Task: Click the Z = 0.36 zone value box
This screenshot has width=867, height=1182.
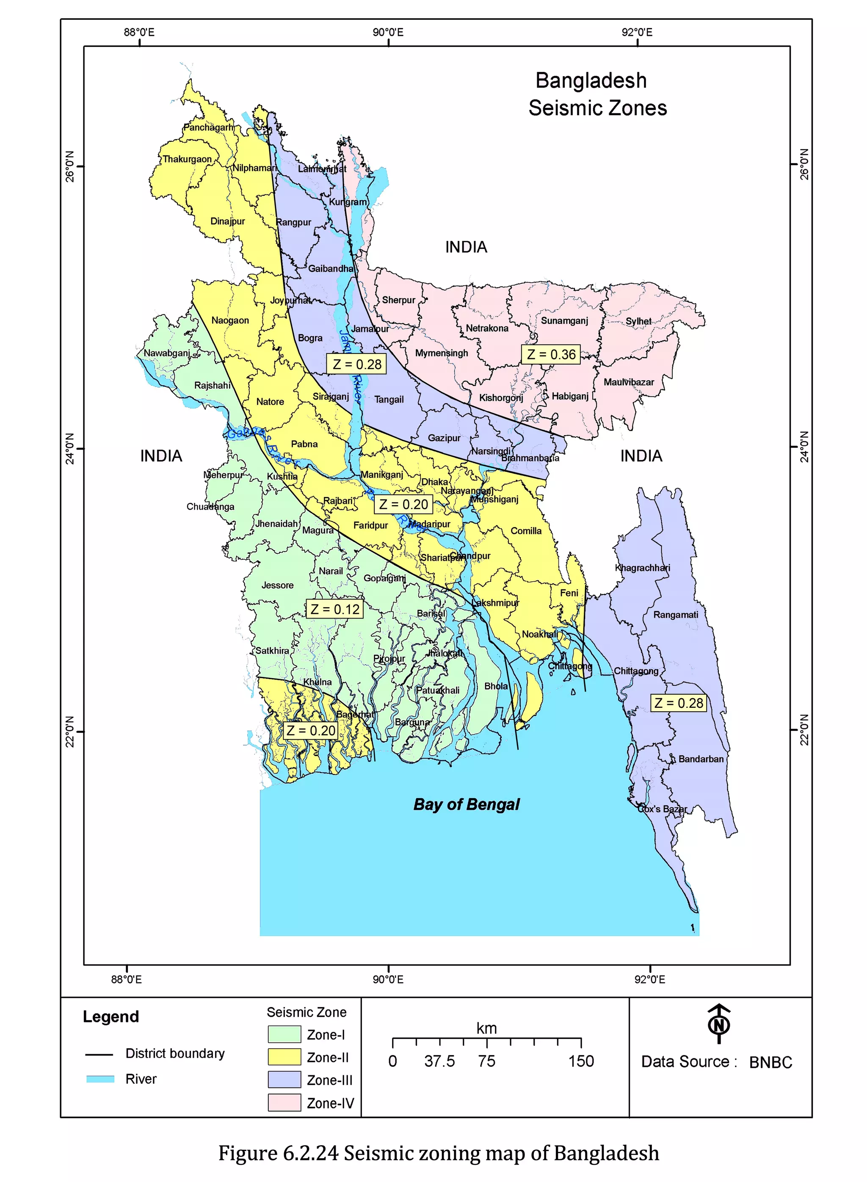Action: click(x=551, y=354)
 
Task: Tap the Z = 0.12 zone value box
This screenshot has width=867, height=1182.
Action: click(x=334, y=609)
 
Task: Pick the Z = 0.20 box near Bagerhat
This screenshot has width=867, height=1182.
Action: click(x=310, y=730)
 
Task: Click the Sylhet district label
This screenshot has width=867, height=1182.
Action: click(x=638, y=321)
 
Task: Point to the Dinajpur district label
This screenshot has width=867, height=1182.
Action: click(x=227, y=221)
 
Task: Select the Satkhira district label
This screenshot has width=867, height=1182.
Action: click(x=272, y=650)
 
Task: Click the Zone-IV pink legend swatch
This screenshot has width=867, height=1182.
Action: click(x=284, y=1102)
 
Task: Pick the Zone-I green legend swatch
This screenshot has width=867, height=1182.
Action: click(x=284, y=1034)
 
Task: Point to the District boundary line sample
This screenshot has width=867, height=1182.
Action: click(x=99, y=1054)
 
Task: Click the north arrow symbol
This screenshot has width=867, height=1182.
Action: click(x=719, y=1024)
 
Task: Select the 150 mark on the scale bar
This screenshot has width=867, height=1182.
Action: click(x=581, y=1061)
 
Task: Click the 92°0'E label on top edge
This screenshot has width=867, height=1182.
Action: click(x=637, y=33)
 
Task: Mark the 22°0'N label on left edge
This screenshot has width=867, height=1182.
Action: click(x=70, y=731)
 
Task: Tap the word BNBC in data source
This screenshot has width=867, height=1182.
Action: click(x=770, y=1062)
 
